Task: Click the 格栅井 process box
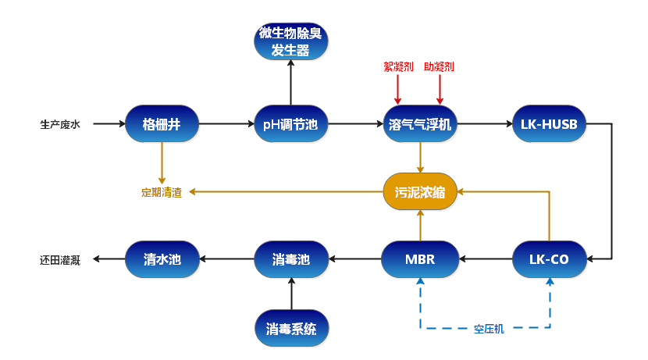coord(162,124)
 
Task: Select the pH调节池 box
coord(291,124)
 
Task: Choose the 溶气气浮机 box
coord(420,124)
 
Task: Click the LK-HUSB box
coord(549,124)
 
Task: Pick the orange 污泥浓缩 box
coord(420,191)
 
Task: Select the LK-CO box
coord(550,258)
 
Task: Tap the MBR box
coord(420,258)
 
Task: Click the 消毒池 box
coord(291,258)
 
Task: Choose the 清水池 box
coord(162,258)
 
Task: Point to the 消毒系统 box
coord(291,329)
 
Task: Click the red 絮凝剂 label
coord(398,67)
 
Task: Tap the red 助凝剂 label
coord(439,67)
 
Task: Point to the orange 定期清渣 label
coord(162,192)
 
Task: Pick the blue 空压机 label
coord(490,329)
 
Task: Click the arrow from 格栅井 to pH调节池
coord(226,124)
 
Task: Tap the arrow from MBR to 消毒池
coord(355,258)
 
